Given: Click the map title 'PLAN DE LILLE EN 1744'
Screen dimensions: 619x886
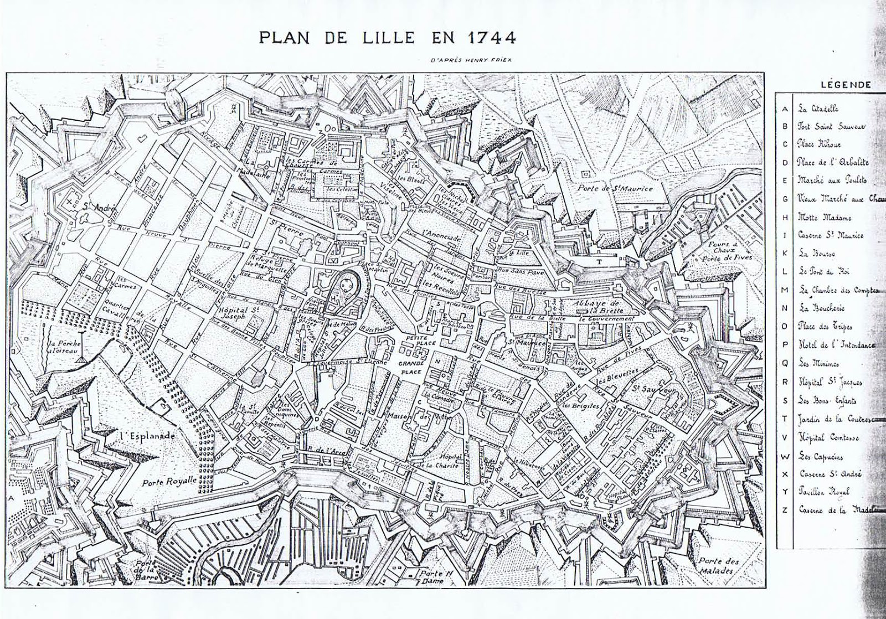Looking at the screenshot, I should pyautogui.click(x=387, y=38).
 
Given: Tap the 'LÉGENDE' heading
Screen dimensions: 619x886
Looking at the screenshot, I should pyautogui.click(x=846, y=85).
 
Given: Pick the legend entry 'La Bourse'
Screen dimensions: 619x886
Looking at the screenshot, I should pyautogui.click(x=816, y=254).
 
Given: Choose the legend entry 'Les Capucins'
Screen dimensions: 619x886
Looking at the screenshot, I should pyautogui.click(x=820, y=456).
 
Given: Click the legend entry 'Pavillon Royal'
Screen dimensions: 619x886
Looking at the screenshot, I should pyautogui.click(x=823, y=492).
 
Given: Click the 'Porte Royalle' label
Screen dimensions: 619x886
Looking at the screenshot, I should pyautogui.click(x=169, y=482).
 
